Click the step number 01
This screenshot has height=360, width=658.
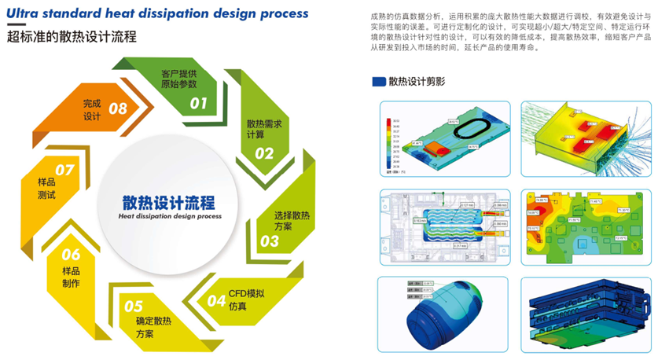pyautogui.click(x=198, y=102)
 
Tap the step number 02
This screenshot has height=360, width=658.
pyautogui.click(x=263, y=153)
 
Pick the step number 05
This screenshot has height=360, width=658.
pyautogui.click(x=134, y=307)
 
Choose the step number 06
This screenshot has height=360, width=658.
pyautogui.click(x=71, y=254)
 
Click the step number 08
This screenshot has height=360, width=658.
pyautogui.click(x=118, y=108)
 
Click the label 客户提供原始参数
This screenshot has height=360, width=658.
pyautogui.click(x=180, y=79)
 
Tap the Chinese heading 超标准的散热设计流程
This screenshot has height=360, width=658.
pyautogui.click(x=72, y=37)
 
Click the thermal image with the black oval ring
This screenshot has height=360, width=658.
pyautogui.click(x=444, y=137)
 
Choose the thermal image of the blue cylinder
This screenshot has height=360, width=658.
pyautogui.click(x=444, y=310)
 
